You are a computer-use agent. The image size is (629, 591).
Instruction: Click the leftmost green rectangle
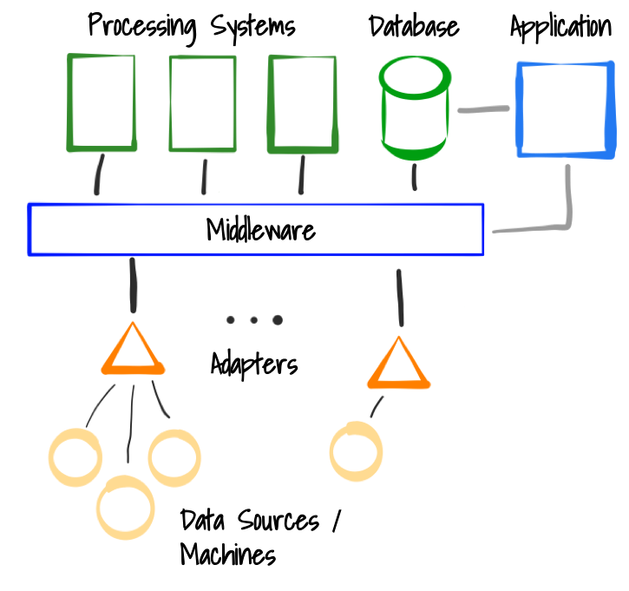pyautogui.click(x=102, y=103)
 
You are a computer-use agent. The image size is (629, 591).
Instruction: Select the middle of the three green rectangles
pyautogui.click(x=202, y=104)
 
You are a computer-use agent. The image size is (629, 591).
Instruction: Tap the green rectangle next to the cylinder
pyautogui.click(x=302, y=104)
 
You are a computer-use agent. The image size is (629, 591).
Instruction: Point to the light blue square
pyautogui.click(x=565, y=109)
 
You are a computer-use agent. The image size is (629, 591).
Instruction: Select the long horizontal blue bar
pyautogui.click(x=256, y=229)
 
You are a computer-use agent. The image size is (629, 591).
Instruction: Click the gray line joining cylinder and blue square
pyautogui.click(x=482, y=109)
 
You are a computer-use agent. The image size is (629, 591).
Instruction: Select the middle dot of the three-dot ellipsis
pyautogui.click(x=253, y=319)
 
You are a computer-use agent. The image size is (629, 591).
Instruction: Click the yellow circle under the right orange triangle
pyautogui.click(x=356, y=451)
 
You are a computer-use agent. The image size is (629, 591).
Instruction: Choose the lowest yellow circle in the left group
pyautogui.click(x=126, y=508)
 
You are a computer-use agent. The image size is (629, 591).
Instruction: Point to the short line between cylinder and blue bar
pyautogui.click(x=414, y=177)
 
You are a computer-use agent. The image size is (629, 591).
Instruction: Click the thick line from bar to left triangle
pyautogui.click(x=133, y=285)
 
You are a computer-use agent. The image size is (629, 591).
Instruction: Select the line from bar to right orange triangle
pyautogui.click(x=400, y=297)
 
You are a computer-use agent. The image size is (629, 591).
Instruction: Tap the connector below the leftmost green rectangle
pyautogui.click(x=99, y=174)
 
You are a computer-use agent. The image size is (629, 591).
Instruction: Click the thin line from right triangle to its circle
pyautogui.click(x=377, y=406)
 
